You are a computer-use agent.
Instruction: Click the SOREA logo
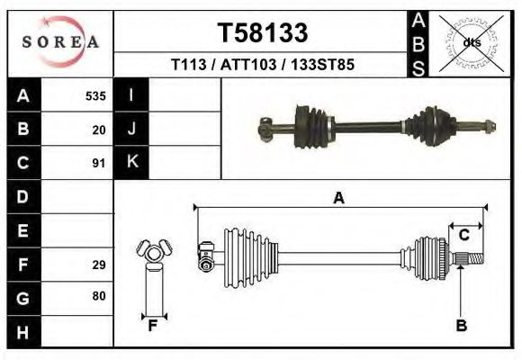pos(60,43)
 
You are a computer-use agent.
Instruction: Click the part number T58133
pos(263,33)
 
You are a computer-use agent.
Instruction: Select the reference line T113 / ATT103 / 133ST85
pos(263,65)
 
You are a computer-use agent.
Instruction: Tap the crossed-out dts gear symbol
pos(470,41)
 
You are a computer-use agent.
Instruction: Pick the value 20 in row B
pos(99,130)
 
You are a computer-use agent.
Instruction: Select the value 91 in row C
pos(99,164)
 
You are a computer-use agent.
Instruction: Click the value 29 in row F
pos(99,265)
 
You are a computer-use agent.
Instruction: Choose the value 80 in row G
pos(99,296)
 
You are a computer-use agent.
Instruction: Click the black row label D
pos(22,196)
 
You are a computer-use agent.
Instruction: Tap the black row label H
pos(22,331)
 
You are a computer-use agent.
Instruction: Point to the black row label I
pos(131,95)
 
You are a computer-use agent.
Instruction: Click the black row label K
pos(131,162)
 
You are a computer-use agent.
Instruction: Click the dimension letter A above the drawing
pos(339,198)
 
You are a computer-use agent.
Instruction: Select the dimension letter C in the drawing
pos(464,235)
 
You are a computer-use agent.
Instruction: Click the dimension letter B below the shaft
pos(461,326)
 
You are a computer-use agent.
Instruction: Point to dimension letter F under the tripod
pos(152,326)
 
